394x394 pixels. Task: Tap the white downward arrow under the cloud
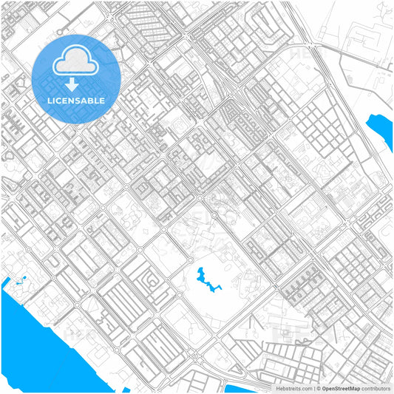pos(72,83)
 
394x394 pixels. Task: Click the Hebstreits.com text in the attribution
pos(293,388)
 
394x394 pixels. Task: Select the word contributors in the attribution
pos(376,388)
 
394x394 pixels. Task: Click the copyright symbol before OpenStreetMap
pos(317,388)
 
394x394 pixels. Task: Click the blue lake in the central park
pos(199,280)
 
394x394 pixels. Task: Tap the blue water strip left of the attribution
pos(240,389)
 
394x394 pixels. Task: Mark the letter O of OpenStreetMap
pos(324,388)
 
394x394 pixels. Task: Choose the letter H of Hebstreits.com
pos(279,388)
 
